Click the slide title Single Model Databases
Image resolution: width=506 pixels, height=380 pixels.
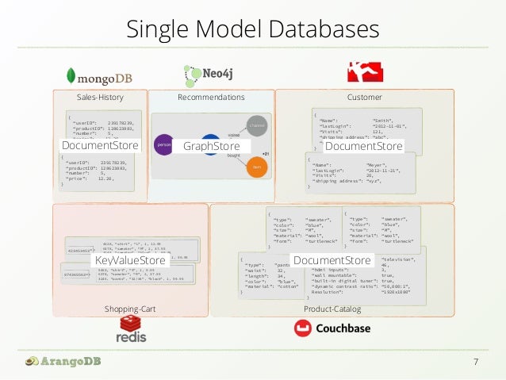[253, 29]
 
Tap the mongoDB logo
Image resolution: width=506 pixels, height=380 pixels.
[99, 75]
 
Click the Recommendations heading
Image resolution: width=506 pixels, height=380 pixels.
[211, 98]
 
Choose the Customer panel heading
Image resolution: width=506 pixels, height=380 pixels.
[364, 98]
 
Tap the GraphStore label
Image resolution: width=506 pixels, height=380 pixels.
[211, 147]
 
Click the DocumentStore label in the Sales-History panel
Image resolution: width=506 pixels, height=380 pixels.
[100, 146]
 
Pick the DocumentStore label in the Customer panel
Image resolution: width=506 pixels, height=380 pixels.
[364, 146]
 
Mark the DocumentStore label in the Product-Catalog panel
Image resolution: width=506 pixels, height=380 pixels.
[332, 260]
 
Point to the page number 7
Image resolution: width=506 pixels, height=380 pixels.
[475, 363]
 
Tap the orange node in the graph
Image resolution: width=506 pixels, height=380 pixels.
[255, 167]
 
